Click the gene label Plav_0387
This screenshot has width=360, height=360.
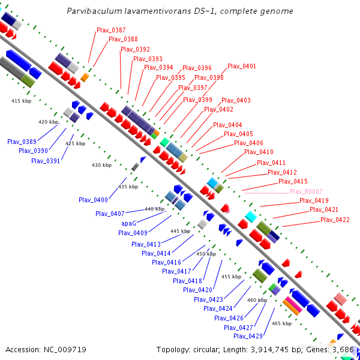pos(111,30)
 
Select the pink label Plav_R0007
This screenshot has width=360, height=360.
pos(306,191)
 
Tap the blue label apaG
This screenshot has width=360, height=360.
pos(129,223)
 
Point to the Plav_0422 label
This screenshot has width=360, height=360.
pos(335,220)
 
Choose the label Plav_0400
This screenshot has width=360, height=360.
pos(93,200)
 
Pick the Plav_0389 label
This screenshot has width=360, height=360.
pos(22,142)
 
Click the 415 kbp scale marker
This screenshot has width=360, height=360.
pos(21,101)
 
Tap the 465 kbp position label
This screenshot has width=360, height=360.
pos(281,323)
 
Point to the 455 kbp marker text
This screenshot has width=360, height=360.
pos(231,277)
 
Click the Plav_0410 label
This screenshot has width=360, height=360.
pos(259,152)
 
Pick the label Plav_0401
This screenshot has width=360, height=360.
pos(242,66)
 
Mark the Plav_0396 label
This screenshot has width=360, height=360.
pos(197,68)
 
